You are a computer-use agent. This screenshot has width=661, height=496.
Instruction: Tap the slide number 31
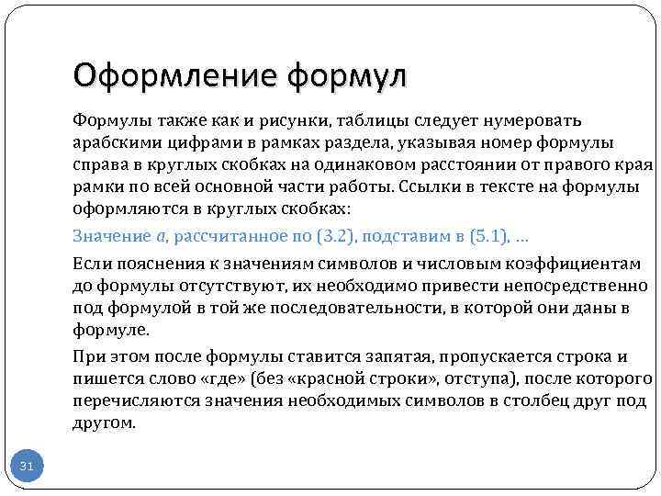27,468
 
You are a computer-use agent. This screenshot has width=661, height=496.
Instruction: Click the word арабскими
113,143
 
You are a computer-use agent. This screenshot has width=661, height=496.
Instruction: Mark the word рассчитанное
221,236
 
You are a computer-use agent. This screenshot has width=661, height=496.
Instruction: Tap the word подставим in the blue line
402,236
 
